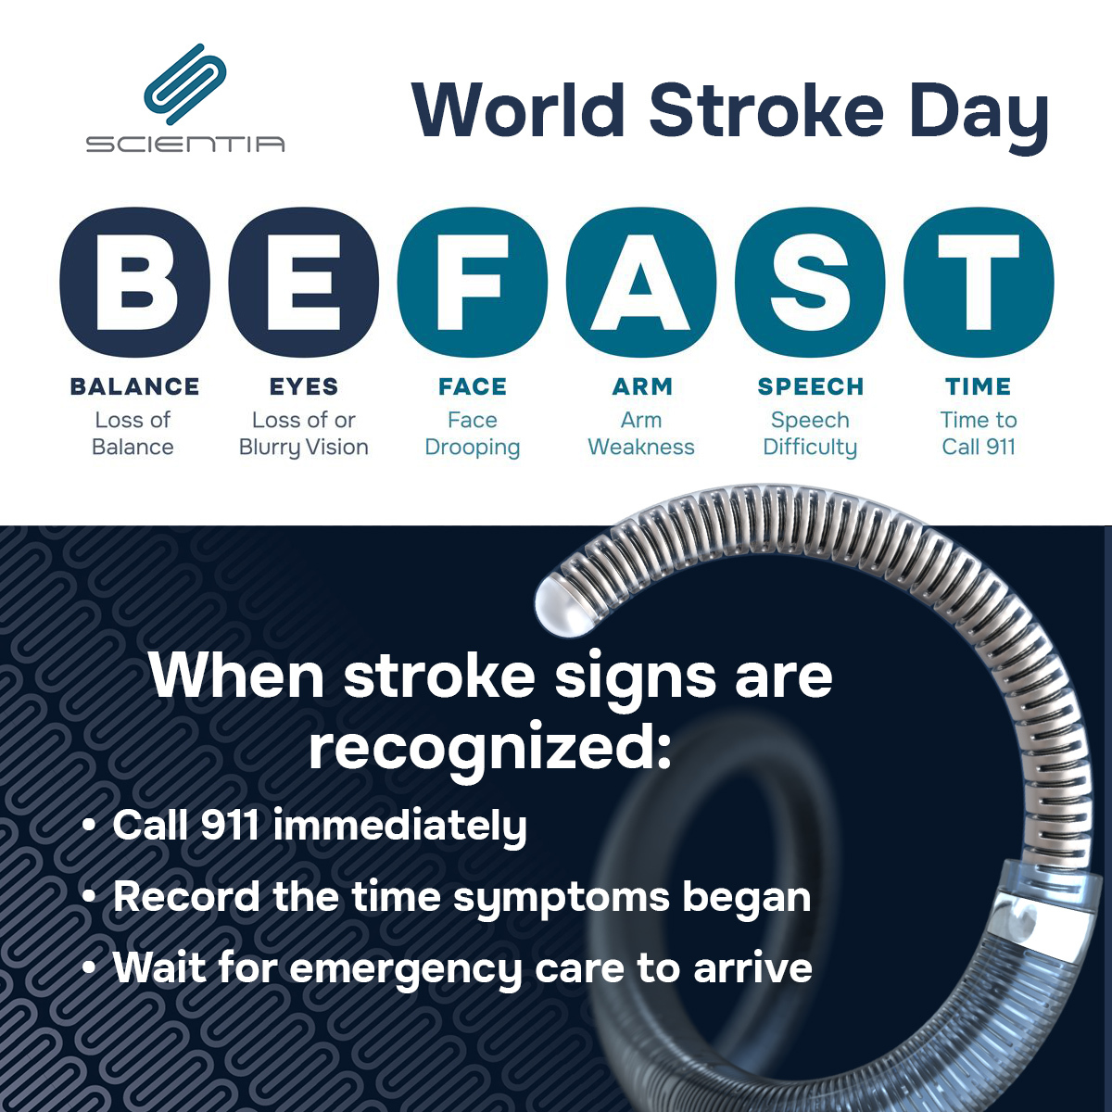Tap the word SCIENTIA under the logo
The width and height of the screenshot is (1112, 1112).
tap(185, 144)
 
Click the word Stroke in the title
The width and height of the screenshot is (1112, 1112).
tap(766, 110)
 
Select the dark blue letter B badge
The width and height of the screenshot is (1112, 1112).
tap(134, 284)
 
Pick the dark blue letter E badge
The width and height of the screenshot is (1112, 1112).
tap(304, 284)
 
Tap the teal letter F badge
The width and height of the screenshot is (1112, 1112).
tap(473, 284)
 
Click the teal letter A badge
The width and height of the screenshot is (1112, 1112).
tap(641, 284)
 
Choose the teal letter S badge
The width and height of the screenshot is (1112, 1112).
tap(810, 284)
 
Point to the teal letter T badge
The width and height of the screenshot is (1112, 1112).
tap(979, 284)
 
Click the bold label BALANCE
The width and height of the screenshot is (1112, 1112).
tap(134, 386)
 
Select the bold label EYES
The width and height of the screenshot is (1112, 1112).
tap(304, 386)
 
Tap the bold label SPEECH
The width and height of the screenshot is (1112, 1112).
tap(810, 386)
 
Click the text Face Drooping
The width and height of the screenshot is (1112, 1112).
tap(473, 434)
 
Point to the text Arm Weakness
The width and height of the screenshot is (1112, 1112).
tap(641, 434)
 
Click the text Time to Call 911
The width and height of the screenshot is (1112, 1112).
tap(979, 434)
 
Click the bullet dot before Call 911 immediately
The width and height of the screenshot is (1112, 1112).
tap(89, 825)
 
